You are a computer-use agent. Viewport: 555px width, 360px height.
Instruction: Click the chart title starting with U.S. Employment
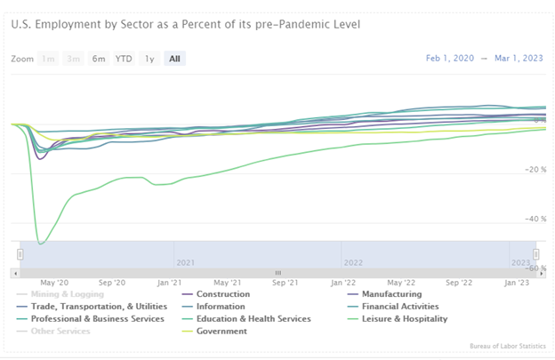pyautogui.click(x=185, y=23)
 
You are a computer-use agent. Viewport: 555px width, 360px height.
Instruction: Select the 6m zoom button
pyautogui.click(x=98, y=59)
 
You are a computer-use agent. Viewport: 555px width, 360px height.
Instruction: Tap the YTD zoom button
pyautogui.click(x=124, y=59)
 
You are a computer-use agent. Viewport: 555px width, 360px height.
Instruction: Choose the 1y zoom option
pyautogui.click(x=149, y=59)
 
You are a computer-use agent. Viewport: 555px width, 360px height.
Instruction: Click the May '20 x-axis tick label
pyautogui.click(x=55, y=282)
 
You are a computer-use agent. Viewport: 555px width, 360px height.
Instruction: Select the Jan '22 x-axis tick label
pyautogui.click(x=343, y=282)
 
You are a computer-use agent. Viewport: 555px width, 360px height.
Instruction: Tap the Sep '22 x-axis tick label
pyautogui.click(x=459, y=282)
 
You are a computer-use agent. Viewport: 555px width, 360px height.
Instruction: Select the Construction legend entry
pyautogui.click(x=222, y=294)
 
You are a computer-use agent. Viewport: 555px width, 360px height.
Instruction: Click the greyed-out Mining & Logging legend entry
pyautogui.click(x=67, y=294)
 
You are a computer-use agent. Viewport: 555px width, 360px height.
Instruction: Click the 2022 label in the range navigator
pyautogui.click(x=353, y=262)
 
